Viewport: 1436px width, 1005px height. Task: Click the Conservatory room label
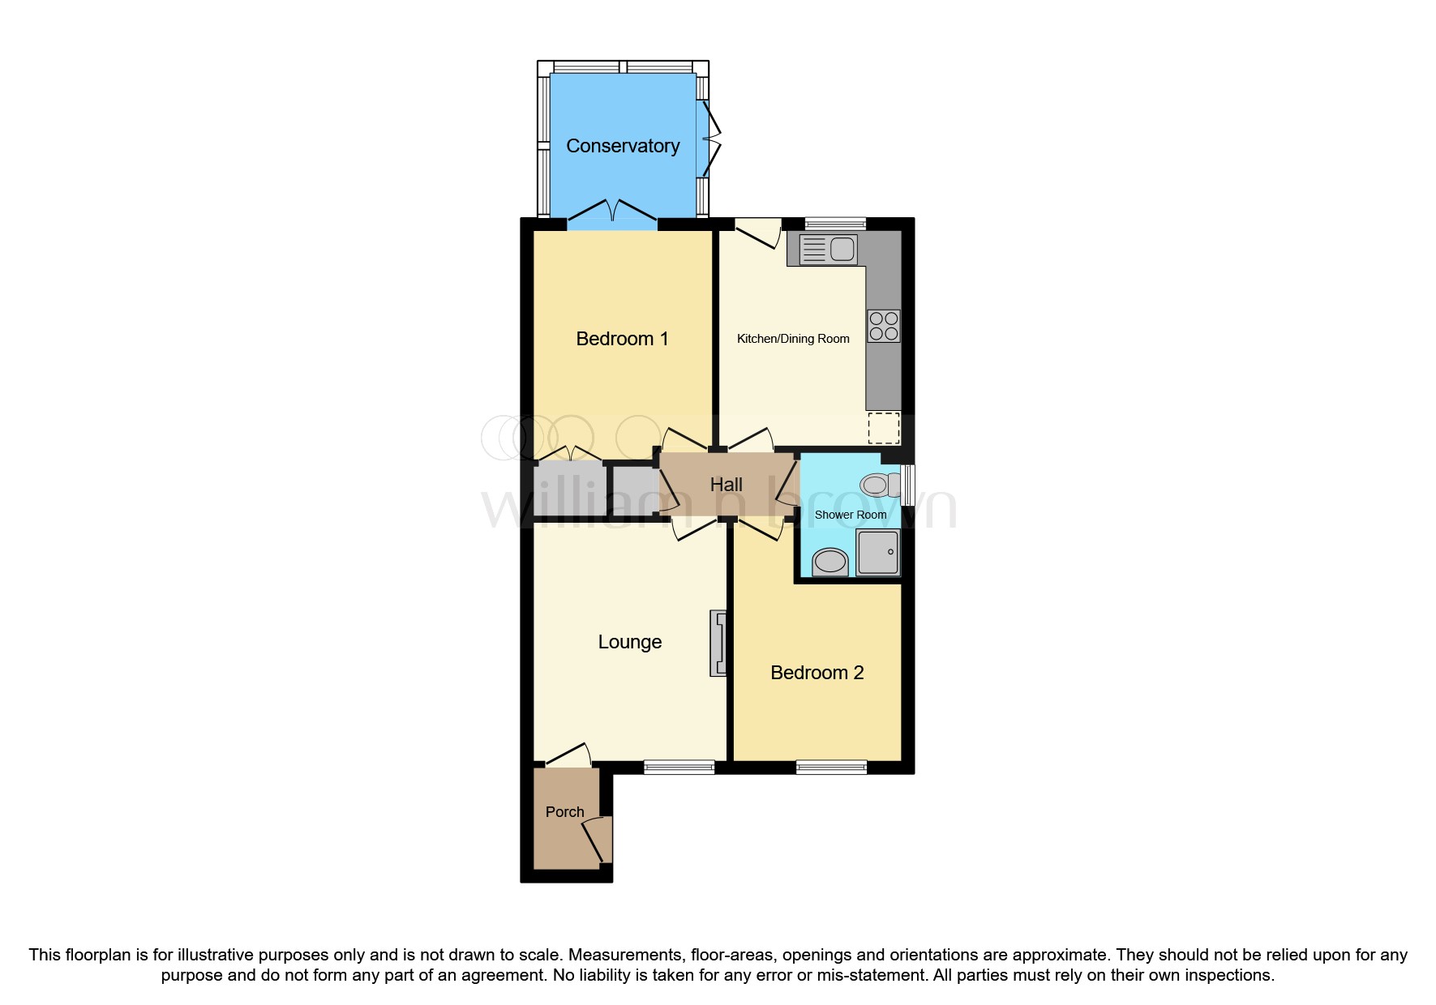623,146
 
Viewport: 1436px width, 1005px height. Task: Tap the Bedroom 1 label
622,339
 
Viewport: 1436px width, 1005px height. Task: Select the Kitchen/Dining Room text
793,339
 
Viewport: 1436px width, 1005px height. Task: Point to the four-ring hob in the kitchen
883,326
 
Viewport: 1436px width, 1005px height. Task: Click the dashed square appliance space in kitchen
884,428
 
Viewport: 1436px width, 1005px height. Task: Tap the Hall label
726,485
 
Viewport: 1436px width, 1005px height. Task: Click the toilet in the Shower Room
880,485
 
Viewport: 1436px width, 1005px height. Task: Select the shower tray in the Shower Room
878,552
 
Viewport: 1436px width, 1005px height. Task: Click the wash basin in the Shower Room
829,561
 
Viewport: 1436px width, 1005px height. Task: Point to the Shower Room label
850,515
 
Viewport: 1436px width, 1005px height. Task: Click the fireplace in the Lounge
718,644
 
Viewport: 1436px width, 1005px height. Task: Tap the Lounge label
629,642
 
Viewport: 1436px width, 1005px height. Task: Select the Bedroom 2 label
817,673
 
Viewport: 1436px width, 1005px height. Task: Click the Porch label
564,812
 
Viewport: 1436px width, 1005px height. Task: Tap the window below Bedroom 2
831,767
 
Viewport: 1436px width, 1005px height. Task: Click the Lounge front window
679,767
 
